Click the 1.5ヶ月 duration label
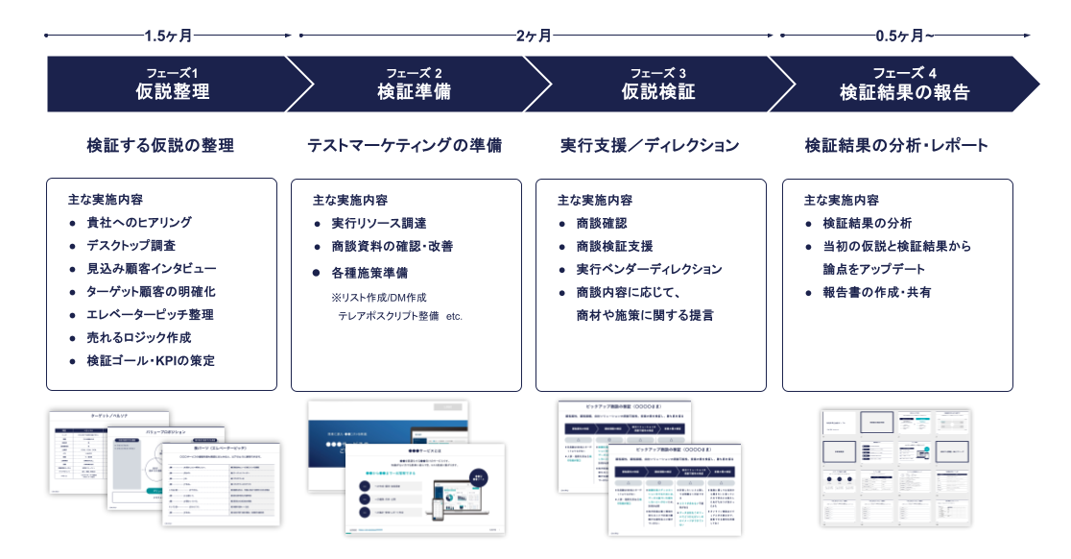click(x=169, y=36)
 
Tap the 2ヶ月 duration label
click(x=534, y=36)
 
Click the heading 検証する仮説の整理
click(x=160, y=146)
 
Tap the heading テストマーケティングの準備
click(x=404, y=146)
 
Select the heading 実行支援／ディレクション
click(x=650, y=146)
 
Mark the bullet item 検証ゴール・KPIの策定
click(x=151, y=361)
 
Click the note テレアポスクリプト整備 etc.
click(x=400, y=315)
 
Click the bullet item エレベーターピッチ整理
click(x=150, y=315)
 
